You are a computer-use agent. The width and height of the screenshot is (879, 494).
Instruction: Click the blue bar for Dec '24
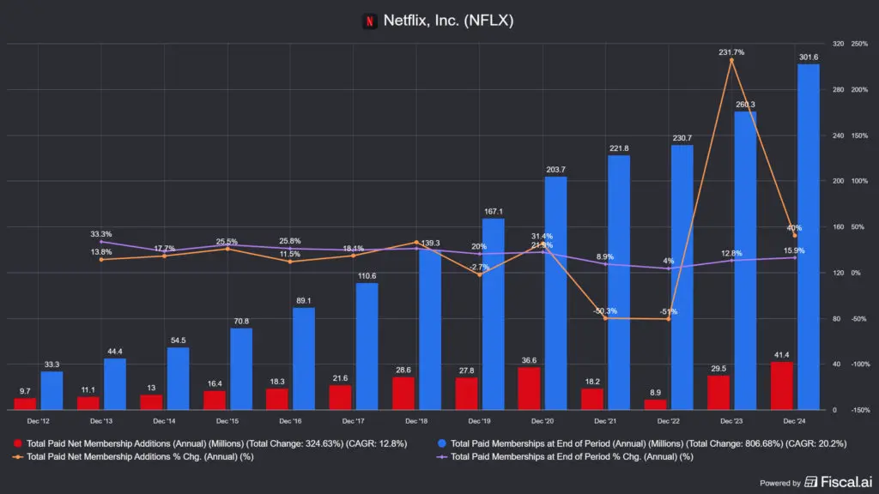808,236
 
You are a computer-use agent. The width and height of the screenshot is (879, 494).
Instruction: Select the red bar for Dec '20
529,389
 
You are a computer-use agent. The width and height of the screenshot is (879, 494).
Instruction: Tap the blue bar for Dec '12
52,390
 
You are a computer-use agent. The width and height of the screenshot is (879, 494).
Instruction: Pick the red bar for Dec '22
655,404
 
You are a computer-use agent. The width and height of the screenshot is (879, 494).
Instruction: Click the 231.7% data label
731,52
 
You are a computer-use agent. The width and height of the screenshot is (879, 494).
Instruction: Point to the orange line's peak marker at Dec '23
731,60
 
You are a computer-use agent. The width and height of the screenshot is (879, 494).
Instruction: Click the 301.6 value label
808,57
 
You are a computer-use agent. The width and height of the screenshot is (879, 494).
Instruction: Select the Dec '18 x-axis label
416,422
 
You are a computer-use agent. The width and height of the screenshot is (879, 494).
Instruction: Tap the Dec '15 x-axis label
227,422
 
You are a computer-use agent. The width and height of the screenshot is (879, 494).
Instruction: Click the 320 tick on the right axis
838,44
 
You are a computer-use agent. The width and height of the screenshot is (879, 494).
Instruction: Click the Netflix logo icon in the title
370,21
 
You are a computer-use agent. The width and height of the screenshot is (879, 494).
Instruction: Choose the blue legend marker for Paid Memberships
441,443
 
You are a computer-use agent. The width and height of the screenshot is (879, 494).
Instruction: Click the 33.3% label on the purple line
101,234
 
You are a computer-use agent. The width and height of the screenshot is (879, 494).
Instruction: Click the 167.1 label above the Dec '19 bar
493,212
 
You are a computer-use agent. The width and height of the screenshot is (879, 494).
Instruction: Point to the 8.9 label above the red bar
655,392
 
